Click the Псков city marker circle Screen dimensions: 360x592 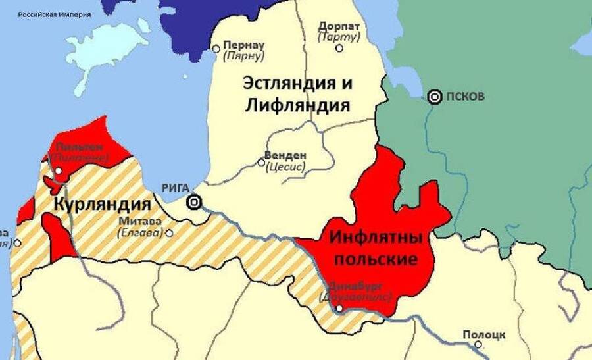click(434, 97)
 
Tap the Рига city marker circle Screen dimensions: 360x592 click(194, 202)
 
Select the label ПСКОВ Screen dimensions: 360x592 click(465, 97)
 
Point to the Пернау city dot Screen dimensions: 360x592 click(216, 48)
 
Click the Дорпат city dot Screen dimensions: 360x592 click(339, 47)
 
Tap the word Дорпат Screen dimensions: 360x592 click(339, 26)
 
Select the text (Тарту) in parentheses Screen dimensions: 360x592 click(339, 37)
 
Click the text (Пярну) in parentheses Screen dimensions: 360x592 click(243, 57)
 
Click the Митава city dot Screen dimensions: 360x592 click(170, 232)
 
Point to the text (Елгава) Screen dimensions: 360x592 click(141, 232)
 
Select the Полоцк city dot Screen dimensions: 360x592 click(480, 343)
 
